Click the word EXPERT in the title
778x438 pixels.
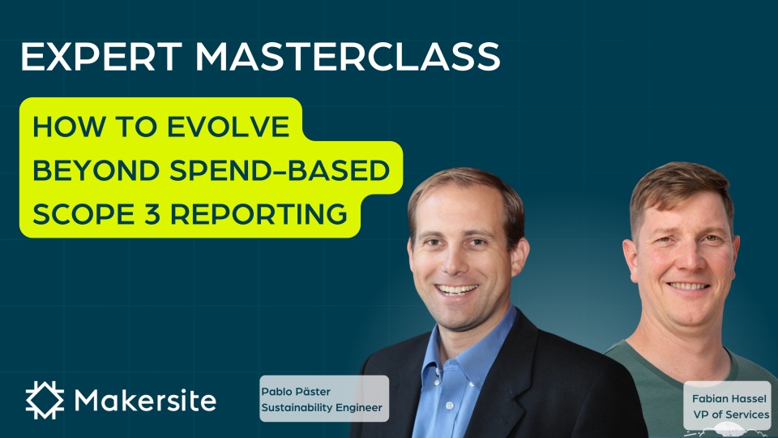point(102,57)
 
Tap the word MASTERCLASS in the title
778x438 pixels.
point(348,57)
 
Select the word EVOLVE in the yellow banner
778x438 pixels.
point(228,127)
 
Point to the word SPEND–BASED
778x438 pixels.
point(280,170)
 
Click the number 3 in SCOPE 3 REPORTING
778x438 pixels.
point(152,214)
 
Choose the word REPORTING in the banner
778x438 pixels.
point(259,214)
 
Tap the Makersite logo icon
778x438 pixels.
point(45,400)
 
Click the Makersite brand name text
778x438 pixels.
point(145,400)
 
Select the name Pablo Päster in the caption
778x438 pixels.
point(296,391)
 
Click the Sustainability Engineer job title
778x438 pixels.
point(322,408)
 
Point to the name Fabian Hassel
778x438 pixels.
point(729,399)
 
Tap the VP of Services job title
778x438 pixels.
point(731,414)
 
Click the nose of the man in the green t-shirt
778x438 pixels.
point(683,260)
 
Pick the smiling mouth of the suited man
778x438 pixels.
point(456,290)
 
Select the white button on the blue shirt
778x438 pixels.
point(450,406)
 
